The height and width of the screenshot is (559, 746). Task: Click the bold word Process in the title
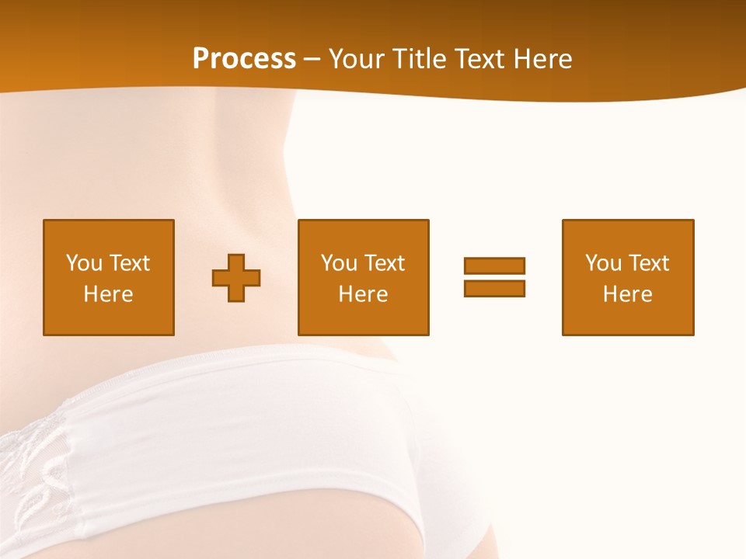(x=244, y=58)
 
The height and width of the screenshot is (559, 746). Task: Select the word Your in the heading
(x=357, y=58)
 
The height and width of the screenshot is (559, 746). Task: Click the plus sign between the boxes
(x=236, y=278)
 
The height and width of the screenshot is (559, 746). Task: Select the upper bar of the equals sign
(x=494, y=266)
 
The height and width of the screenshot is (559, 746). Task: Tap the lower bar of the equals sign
(x=494, y=288)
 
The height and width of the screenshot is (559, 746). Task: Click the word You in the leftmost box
(x=84, y=263)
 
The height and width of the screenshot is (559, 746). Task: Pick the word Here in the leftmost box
(x=108, y=294)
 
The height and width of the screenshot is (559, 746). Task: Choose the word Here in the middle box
(x=363, y=294)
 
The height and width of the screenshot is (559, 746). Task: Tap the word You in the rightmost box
(x=603, y=263)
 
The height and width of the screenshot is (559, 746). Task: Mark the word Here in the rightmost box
(x=627, y=294)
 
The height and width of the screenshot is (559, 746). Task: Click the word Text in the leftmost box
(x=129, y=263)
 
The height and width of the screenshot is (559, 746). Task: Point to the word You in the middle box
(x=339, y=263)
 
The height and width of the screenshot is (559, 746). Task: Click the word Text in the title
(x=480, y=58)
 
